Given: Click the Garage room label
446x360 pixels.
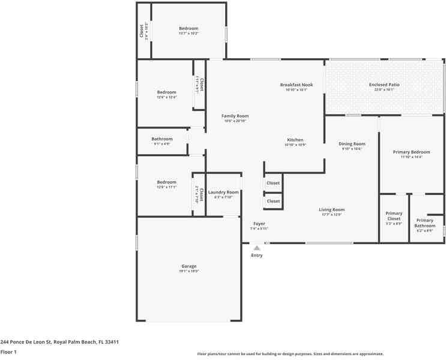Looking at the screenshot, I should click(x=189, y=266).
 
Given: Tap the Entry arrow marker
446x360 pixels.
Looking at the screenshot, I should click(x=257, y=248).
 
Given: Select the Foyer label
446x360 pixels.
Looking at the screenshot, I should click(x=259, y=224).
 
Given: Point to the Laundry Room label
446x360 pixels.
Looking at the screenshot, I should click(x=223, y=193).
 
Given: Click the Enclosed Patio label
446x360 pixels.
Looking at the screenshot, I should click(x=384, y=85).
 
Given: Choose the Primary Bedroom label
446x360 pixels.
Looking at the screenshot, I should click(x=411, y=152).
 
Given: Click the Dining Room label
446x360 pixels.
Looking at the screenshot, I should click(x=352, y=144).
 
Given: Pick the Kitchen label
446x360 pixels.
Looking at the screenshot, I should click(x=295, y=140).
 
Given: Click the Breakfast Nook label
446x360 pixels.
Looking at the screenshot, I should click(x=297, y=85).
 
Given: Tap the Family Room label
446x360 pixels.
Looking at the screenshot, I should click(x=235, y=116).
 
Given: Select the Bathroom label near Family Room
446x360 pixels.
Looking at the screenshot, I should click(x=162, y=139).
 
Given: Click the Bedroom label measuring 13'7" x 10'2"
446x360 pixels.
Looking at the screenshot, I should click(x=188, y=29).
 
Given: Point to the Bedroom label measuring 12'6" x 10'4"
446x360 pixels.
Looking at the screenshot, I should click(x=167, y=92).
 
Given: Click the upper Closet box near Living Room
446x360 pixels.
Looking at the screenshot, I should click(x=273, y=183).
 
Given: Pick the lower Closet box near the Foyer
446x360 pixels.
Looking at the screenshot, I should click(x=273, y=201).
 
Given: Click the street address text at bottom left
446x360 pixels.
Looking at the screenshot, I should click(x=59, y=342).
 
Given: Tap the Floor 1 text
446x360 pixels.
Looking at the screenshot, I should click(x=8, y=352).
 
